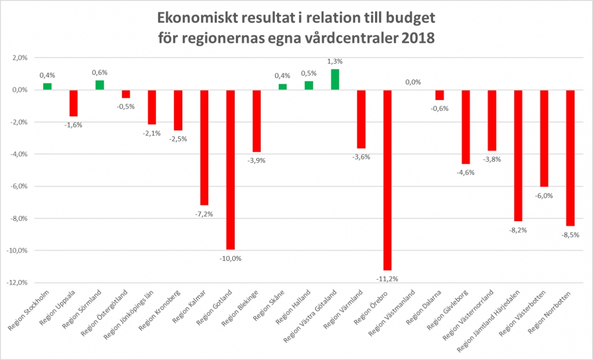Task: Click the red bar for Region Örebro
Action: coord(387,180)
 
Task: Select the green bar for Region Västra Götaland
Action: coord(335,79)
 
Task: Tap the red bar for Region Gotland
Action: coord(230,169)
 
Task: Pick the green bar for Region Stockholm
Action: coord(47,86)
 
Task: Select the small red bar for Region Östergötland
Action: coord(126,94)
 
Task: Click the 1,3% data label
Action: coord(335,61)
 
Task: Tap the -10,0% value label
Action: coord(230,258)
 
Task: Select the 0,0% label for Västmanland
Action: coord(413,82)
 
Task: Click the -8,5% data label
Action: coord(570,234)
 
